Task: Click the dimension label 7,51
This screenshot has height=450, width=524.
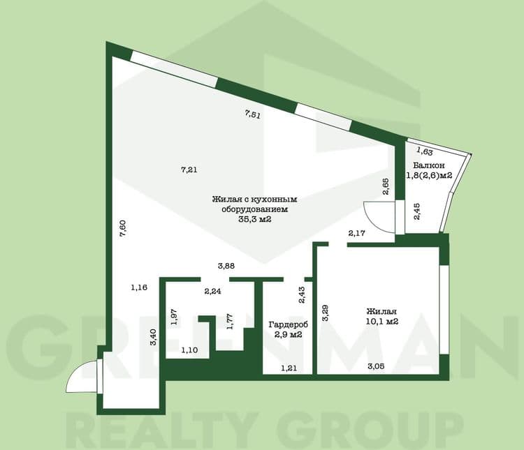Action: point(253,114)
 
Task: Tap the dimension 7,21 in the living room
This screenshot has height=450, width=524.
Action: point(189,170)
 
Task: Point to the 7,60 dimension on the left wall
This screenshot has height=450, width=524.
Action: point(123,228)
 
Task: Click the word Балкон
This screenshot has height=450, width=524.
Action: point(429,165)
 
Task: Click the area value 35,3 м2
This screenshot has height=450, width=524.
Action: point(254,219)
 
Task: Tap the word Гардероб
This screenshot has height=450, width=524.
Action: point(289,324)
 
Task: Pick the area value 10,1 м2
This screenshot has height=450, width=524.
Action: point(382,322)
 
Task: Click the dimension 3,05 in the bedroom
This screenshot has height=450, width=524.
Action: point(376,366)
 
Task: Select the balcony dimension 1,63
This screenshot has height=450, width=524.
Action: point(424,151)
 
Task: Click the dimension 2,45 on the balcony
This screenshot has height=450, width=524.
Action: point(416,211)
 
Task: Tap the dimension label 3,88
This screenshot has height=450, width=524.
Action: point(226,266)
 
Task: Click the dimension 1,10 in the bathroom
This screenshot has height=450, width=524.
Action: point(189,350)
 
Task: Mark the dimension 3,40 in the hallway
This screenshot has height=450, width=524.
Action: point(154,337)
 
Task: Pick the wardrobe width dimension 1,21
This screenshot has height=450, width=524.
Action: point(289,368)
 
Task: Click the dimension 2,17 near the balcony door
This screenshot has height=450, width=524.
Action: point(356,233)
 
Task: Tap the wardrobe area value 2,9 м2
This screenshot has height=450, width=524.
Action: point(288,334)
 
